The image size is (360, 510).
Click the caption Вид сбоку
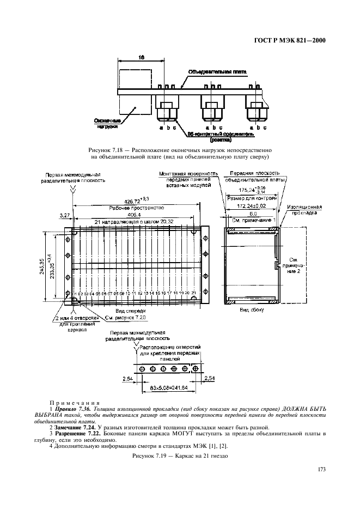coord(252,309)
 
